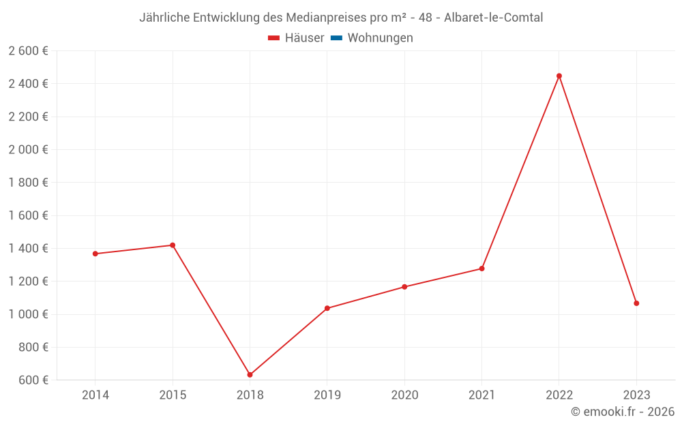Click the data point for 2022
(559, 76)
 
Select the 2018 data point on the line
(250, 375)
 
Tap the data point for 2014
(95, 254)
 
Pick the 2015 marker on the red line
(173, 245)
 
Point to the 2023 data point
(636, 303)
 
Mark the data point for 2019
(327, 308)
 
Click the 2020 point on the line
(404, 287)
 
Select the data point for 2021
(481, 269)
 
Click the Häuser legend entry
(296, 38)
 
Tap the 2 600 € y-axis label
(28, 51)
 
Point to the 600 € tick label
(32, 380)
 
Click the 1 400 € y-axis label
(28, 248)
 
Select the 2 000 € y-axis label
(28, 149)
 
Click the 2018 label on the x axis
(250, 395)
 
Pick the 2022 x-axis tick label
(559, 395)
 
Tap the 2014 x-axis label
(95, 395)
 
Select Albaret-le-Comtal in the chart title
(494, 18)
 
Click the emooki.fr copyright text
(623, 412)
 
